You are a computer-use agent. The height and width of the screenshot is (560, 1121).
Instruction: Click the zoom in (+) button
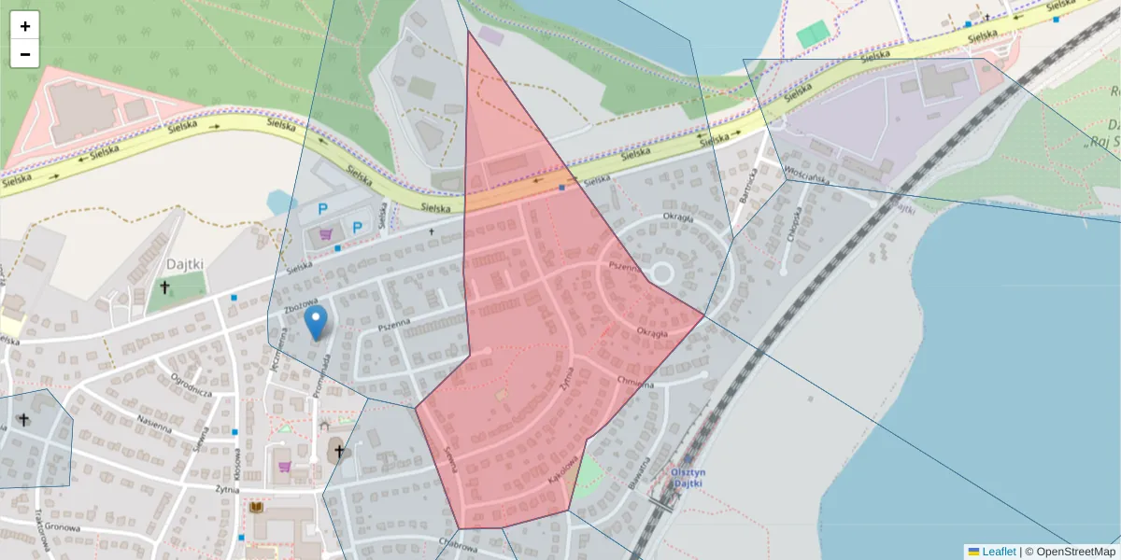[x=25, y=26]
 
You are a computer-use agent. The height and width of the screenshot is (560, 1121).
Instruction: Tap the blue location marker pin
[x=317, y=323]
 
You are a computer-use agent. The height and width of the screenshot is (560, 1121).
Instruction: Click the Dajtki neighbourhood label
[x=185, y=264]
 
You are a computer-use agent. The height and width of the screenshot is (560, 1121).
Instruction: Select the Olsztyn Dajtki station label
[x=688, y=478]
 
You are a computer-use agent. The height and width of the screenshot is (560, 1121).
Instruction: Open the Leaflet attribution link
[x=998, y=552]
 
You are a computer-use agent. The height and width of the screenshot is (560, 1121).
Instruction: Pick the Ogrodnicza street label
[x=192, y=386]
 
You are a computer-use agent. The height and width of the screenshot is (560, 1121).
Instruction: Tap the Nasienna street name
[x=154, y=422]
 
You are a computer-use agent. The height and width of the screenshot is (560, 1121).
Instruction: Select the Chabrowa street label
[x=457, y=540]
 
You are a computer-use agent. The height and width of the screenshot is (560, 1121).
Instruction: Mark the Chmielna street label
[x=635, y=382]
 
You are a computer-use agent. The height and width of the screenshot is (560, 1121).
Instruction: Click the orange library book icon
[x=256, y=507]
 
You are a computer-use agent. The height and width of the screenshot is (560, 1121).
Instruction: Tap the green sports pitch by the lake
[x=812, y=34]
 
